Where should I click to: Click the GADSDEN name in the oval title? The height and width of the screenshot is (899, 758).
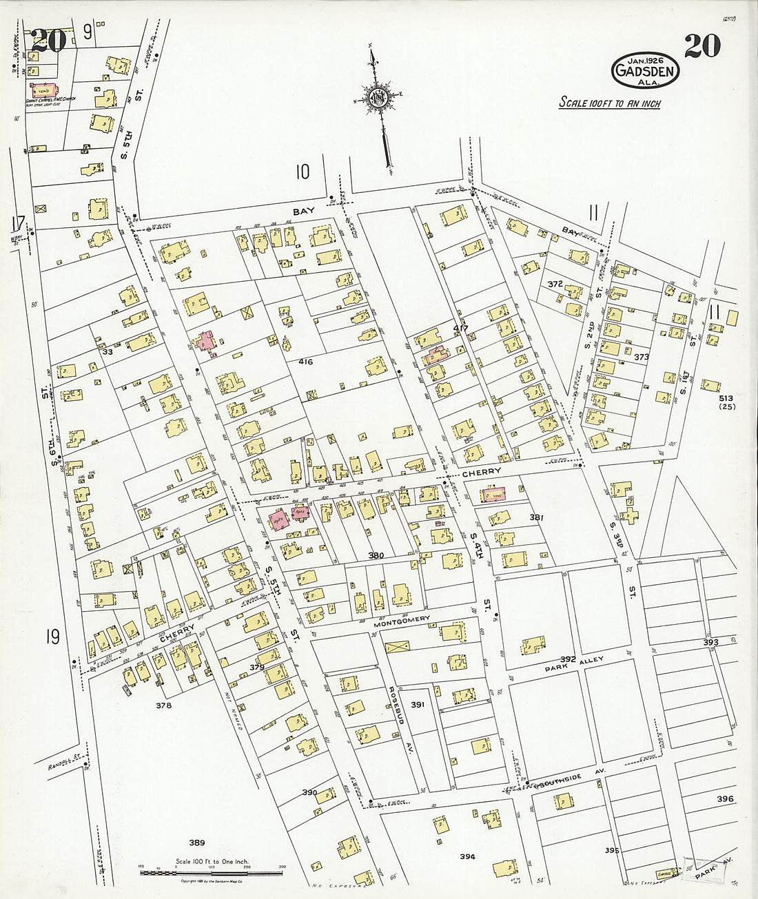pyautogui.click(x=645, y=71)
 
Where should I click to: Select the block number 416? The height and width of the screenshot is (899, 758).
pyautogui.click(x=306, y=362)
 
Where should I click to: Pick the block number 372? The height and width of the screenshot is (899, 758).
pyautogui.click(x=555, y=284)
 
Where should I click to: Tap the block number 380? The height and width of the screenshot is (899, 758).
pyautogui.click(x=376, y=555)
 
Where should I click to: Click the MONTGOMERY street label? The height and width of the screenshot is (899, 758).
pyautogui.click(x=402, y=620)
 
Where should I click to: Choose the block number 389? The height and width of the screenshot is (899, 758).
pyautogui.click(x=197, y=842)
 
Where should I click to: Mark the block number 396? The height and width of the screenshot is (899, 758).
pyautogui.click(x=725, y=799)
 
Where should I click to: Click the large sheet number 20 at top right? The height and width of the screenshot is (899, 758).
pyautogui.click(x=702, y=46)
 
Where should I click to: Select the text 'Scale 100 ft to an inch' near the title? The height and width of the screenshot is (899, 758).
pyautogui.click(x=609, y=103)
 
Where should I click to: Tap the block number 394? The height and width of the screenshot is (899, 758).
pyautogui.click(x=468, y=856)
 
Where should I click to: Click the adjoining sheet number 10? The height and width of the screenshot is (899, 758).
pyautogui.click(x=303, y=171)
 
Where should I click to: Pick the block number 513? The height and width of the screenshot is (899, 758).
pyautogui.click(x=725, y=398)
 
